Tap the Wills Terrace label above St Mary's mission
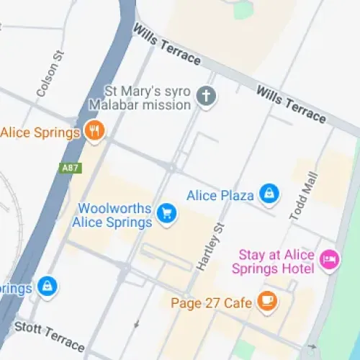click(x=167, y=46)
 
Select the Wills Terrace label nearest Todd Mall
click(x=291, y=102)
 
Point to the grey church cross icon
click(x=207, y=96)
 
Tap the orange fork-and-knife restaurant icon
click(x=94, y=131)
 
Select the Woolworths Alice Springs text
click(x=115, y=215)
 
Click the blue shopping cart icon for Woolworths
click(x=167, y=214)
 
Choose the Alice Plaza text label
click(x=220, y=195)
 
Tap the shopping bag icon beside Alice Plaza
click(x=269, y=193)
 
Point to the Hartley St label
click(x=212, y=246)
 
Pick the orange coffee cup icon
click(x=268, y=301)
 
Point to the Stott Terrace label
click(x=50, y=332)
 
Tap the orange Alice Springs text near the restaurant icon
click(x=39, y=132)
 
